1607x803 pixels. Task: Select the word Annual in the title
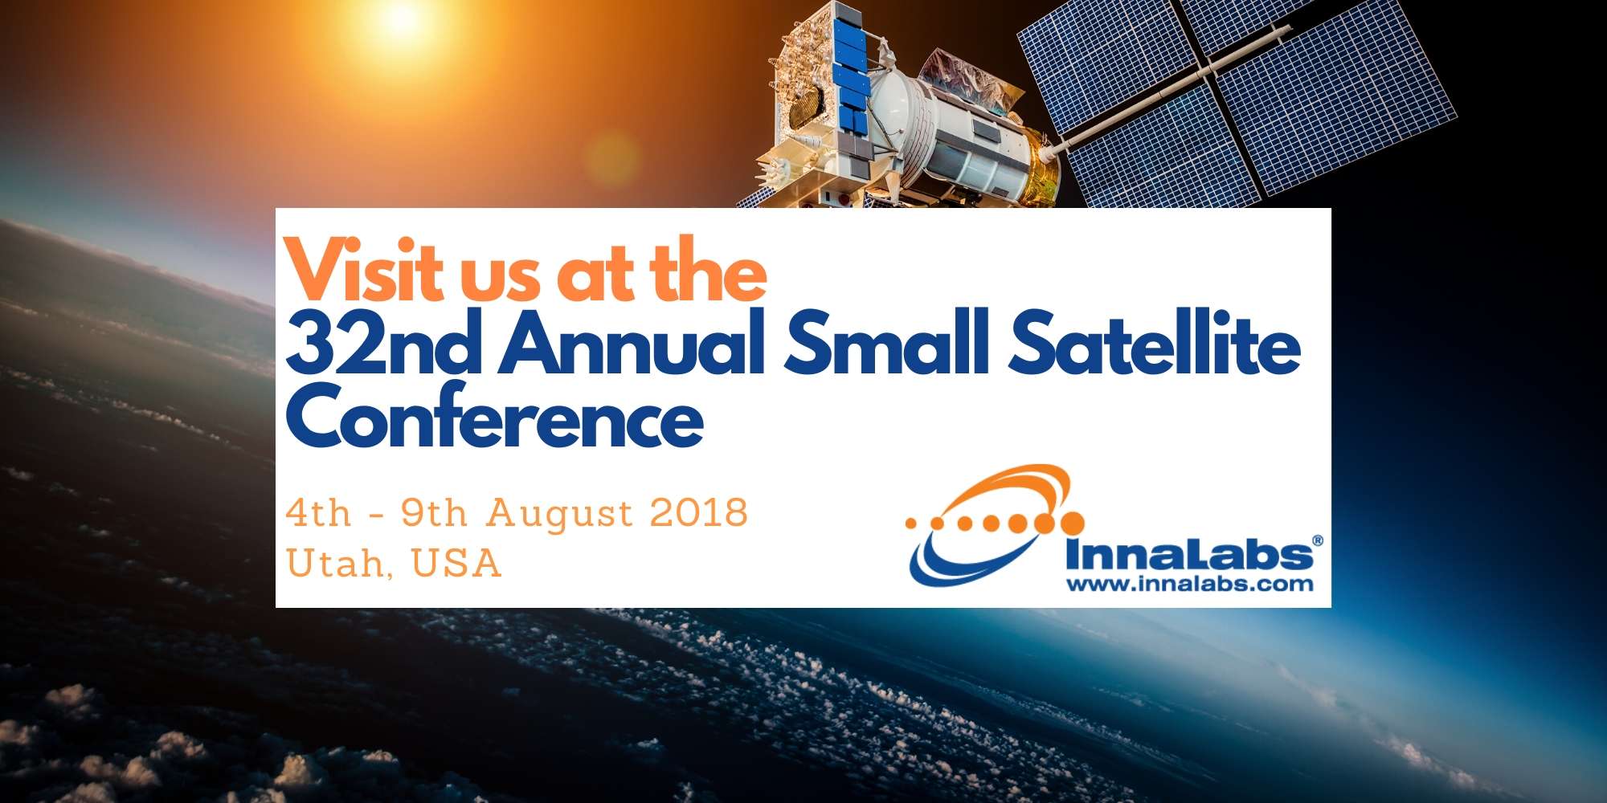click(632, 344)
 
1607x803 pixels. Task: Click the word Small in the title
click(886, 344)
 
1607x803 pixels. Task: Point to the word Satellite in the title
click(1155, 344)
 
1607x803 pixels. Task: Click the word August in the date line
click(560, 514)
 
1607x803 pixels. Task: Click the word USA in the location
click(456, 562)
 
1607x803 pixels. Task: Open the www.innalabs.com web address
click(1190, 584)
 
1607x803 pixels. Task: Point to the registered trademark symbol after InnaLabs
click(1318, 541)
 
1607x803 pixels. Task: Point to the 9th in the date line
click(434, 512)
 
